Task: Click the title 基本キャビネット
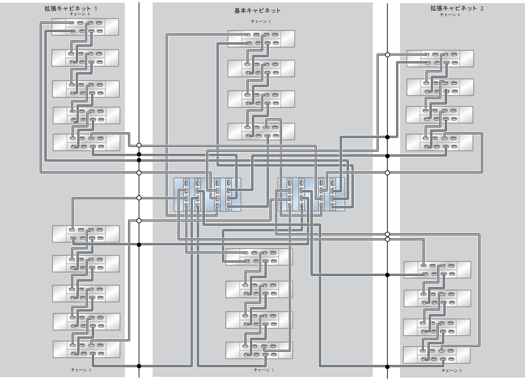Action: (x=257, y=10)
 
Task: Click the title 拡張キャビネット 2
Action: (x=456, y=9)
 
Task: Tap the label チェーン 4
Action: (x=80, y=14)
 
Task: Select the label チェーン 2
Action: (x=261, y=21)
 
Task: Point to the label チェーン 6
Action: (x=450, y=15)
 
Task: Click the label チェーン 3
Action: (x=81, y=370)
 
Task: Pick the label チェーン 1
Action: (x=264, y=370)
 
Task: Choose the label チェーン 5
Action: (x=451, y=371)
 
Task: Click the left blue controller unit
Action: (x=207, y=195)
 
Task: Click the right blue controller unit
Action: (x=311, y=195)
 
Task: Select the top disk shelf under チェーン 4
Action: (x=85, y=27)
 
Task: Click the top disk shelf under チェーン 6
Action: (x=440, y=59)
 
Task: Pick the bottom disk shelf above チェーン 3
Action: (x=86, y=349)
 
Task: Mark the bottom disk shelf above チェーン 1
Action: (x=259, y=350)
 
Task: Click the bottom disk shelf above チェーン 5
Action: (x=436, y=355)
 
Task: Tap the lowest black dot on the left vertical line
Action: (x=139, y=366)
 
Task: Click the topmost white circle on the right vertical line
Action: (x=387, y=55)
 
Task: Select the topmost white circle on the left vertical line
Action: (x=139, y=145)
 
